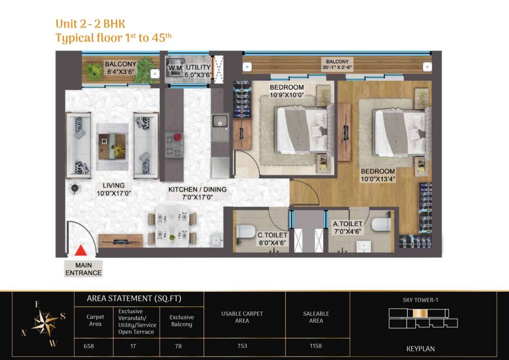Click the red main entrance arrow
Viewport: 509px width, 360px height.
point(80,251)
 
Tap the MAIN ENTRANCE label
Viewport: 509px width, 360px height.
point(83,269)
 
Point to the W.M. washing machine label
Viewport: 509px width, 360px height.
point(176,68)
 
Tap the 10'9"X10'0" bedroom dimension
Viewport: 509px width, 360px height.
point(287,95)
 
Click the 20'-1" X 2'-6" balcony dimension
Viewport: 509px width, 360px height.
point(337,68)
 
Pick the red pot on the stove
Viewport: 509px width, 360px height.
point(177,137)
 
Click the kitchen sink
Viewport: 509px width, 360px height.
point(220,124)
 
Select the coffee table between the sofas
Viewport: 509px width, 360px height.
point(112,147)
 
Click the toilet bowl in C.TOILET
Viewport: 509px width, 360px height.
point(245,232)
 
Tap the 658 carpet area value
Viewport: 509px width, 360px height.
point(89,346)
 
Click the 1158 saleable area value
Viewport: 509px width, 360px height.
point(316,346)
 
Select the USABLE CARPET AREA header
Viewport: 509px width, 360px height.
point(242,317)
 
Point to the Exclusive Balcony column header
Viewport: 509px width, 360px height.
point(182,320)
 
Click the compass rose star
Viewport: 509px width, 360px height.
point(44,322)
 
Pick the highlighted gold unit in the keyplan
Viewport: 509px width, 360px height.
point(417,313)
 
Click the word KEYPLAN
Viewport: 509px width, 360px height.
point(420,349)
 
